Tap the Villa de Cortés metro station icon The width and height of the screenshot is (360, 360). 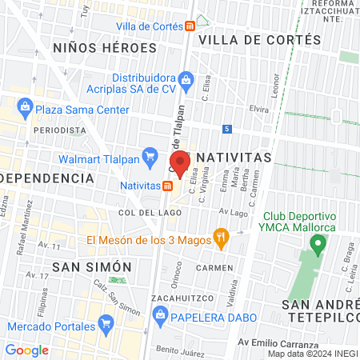(x=189, y=26)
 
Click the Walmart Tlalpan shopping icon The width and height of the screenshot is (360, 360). (x=149, y=154)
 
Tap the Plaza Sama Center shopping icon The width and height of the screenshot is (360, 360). (x=25, y=106)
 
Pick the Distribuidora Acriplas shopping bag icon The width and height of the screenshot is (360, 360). (x=186, y=78)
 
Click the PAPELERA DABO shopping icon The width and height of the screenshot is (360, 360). (x=166, y=316)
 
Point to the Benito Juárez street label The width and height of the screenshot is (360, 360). (x=177, y=350)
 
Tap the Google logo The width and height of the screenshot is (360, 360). (x=26, y=350)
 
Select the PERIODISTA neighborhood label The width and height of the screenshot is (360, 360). (x=59, y=130)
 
